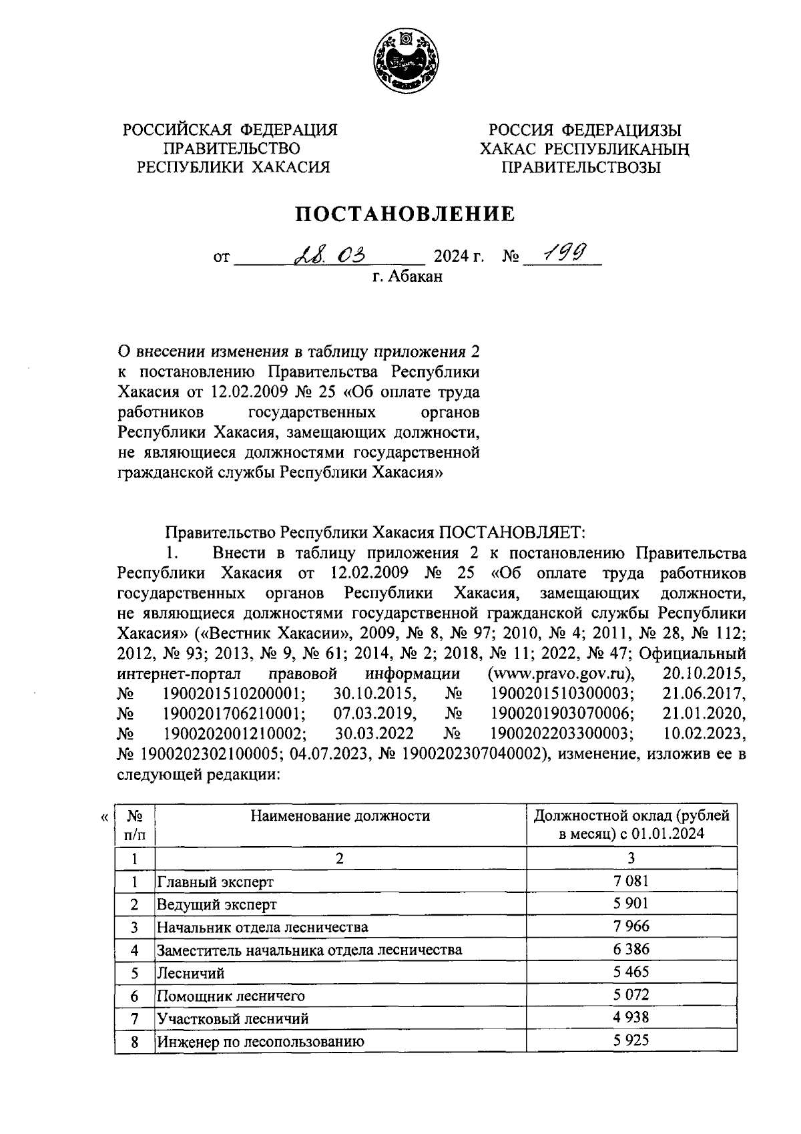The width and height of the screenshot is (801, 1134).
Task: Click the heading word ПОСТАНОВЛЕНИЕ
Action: click(405, 214)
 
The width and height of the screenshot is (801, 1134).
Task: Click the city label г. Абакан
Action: click(407, 276)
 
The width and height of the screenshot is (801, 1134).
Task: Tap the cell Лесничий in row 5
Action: click(190, 972)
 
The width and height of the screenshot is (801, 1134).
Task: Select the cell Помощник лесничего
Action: click(230, 995)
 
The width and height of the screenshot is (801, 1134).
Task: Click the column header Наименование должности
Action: click(340, 815)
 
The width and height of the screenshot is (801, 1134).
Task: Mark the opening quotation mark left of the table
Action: click(103, 816)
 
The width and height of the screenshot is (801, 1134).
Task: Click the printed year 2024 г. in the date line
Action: click(459, 256)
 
